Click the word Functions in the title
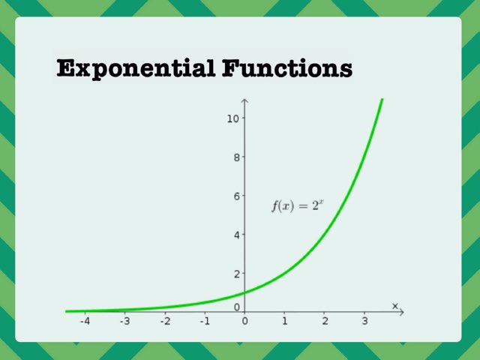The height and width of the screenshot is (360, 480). point(286,69)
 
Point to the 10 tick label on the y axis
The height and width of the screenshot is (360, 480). point(233,118)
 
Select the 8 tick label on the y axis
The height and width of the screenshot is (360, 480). point(235,157)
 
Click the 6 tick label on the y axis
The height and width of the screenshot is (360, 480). point(235,196)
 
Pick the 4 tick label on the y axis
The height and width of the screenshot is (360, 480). point(235,235)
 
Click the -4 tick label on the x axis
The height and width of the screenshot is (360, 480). point(85,322)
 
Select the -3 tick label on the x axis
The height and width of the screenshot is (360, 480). point(124,322)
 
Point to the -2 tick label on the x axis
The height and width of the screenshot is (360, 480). point(164,322)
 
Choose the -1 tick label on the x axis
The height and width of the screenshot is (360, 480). point(204,322)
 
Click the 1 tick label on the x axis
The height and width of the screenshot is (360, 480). point(285,322)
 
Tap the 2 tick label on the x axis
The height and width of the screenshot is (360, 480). point(325,322)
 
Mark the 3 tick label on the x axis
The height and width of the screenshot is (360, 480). point(364,322)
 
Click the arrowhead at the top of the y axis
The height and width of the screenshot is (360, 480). point(244,101)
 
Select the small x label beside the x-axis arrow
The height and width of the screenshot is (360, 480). point(394,304)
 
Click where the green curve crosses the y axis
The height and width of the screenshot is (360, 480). point(244,292)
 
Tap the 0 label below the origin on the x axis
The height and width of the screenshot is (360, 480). point(244,322)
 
